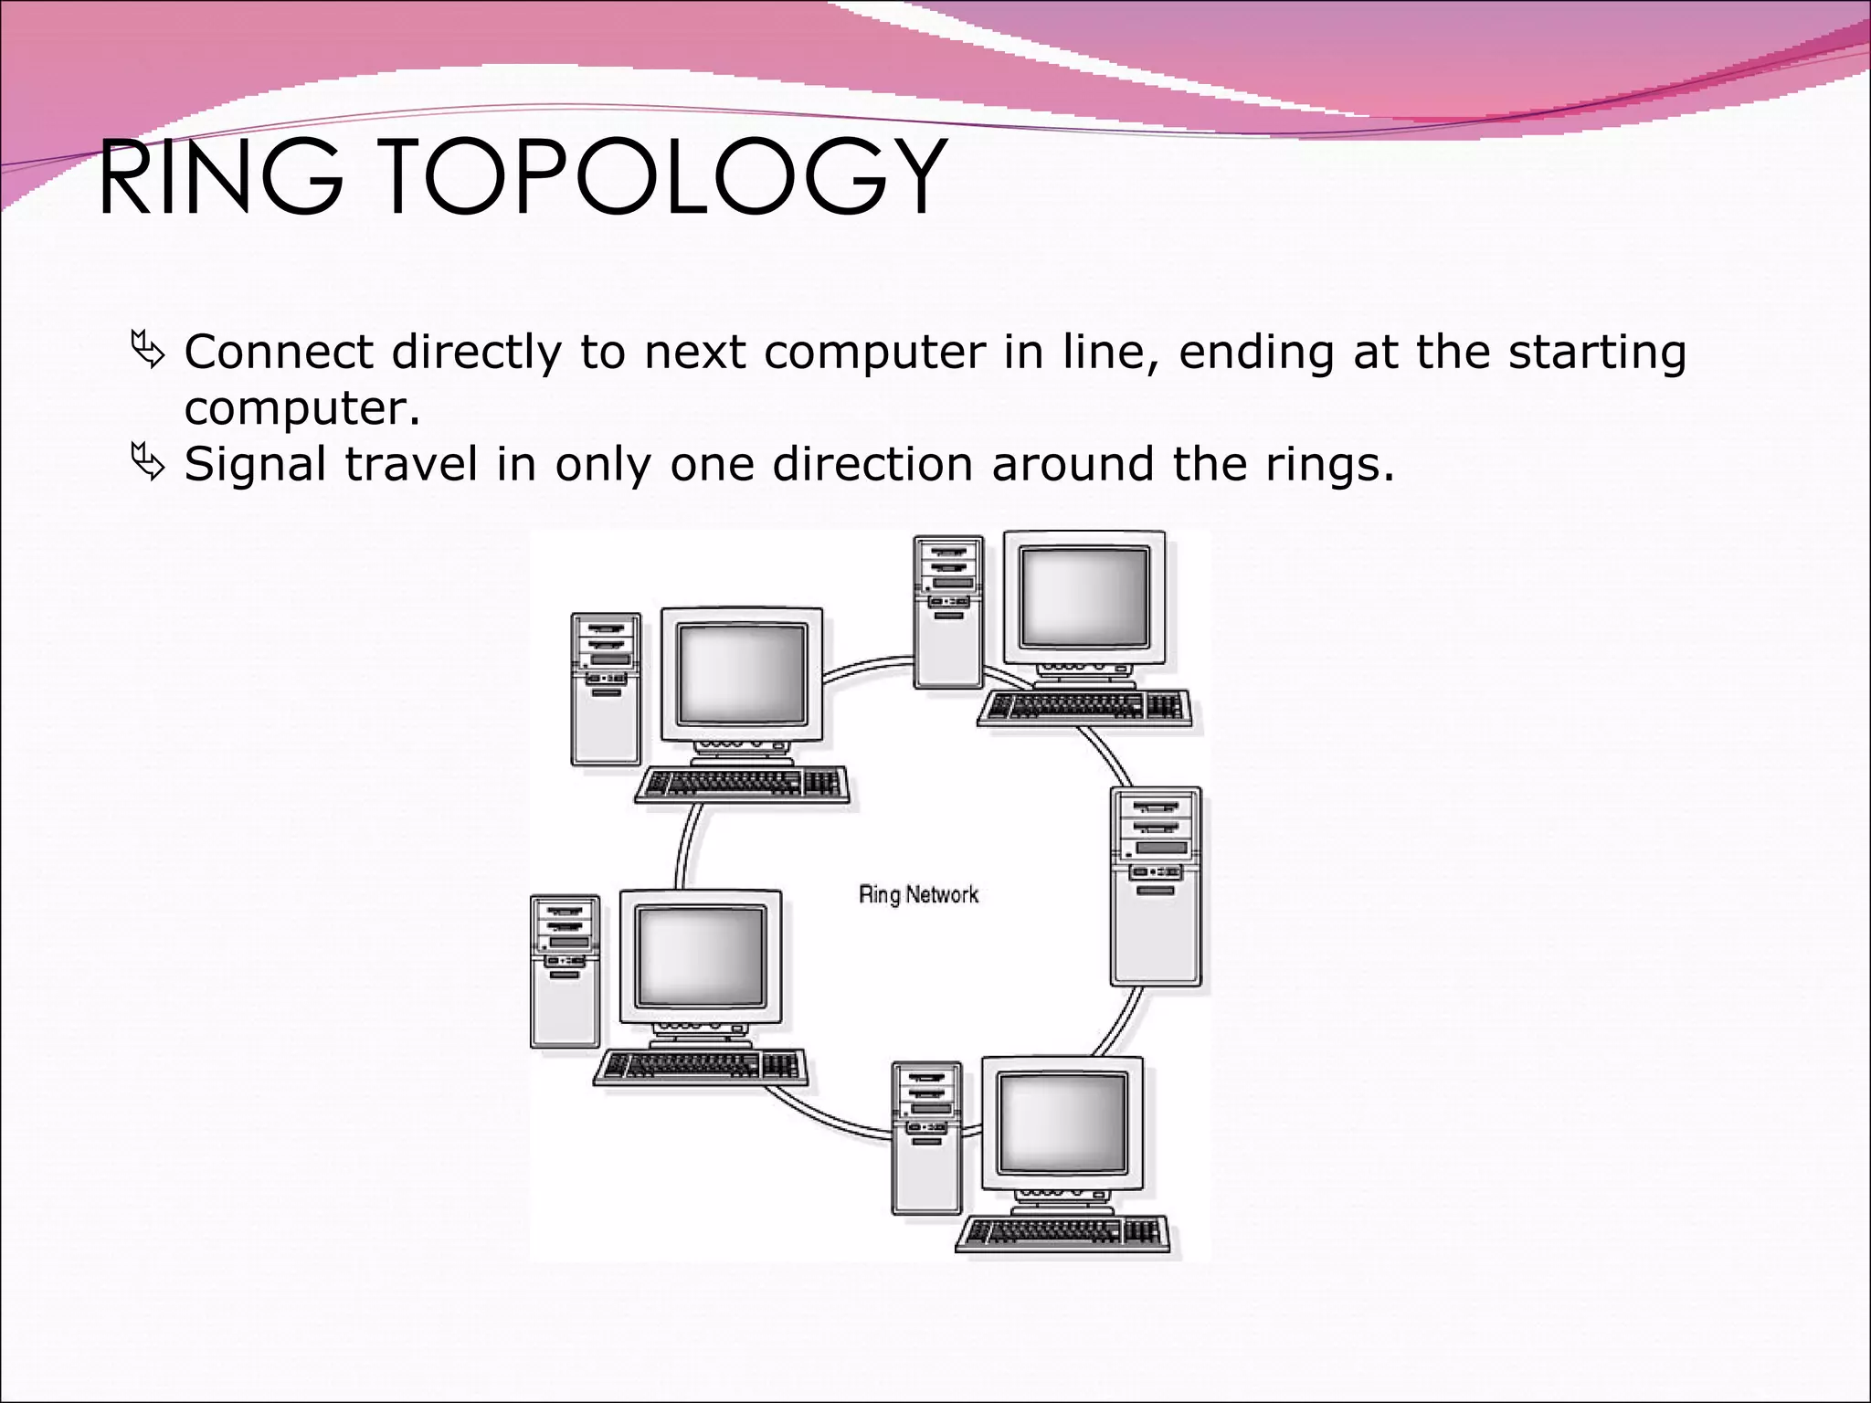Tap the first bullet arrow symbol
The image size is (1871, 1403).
click(x=147, y=351)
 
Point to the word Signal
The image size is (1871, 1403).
click(x=255, y=465)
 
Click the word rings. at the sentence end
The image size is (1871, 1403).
click(x=1330, y=466)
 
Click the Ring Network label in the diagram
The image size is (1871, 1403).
click(x=918, y=894)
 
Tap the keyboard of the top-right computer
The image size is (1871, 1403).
click(x=1084, y=708)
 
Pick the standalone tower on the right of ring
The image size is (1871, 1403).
click(x=1156, y=886)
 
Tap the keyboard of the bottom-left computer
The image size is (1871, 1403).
click(x=701, y=1065)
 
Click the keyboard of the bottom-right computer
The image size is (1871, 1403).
click(x=1063, y=1233)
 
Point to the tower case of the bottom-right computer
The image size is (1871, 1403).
click(x=926, y=1137)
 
